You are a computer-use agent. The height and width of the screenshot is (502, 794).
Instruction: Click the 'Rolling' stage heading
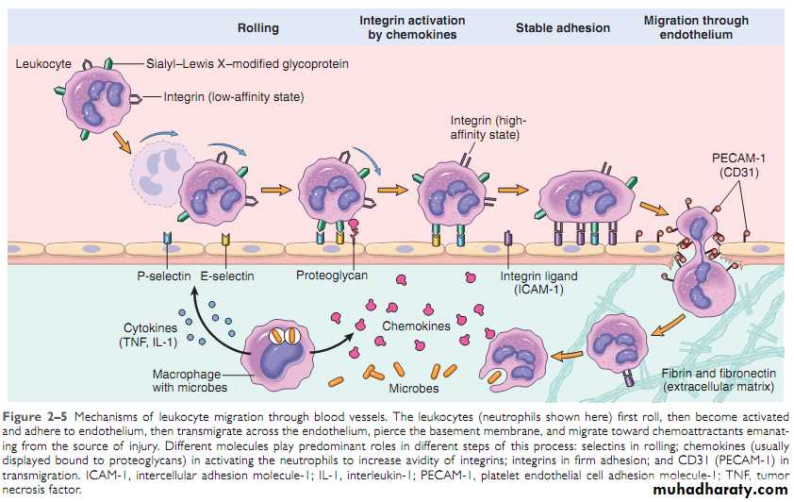tap(258, 28)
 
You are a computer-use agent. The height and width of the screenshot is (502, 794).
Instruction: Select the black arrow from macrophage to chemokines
tap(336, 337)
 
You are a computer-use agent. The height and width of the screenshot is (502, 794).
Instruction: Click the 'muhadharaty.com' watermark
tap(718, 489)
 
